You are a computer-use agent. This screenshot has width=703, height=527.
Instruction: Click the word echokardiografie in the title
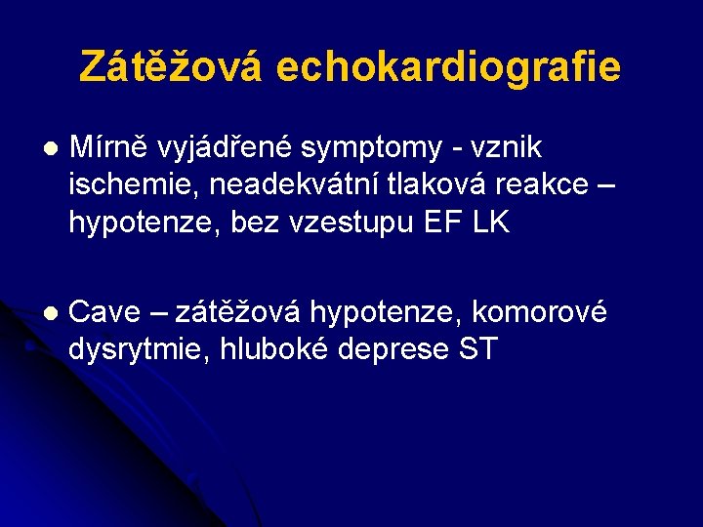[x=448, y=66]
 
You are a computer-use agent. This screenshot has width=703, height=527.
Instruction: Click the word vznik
[x=507, y=147]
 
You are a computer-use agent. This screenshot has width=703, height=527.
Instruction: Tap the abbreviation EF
[x=444, y=222]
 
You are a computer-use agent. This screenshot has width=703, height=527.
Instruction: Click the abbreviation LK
[x=491, y=222]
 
